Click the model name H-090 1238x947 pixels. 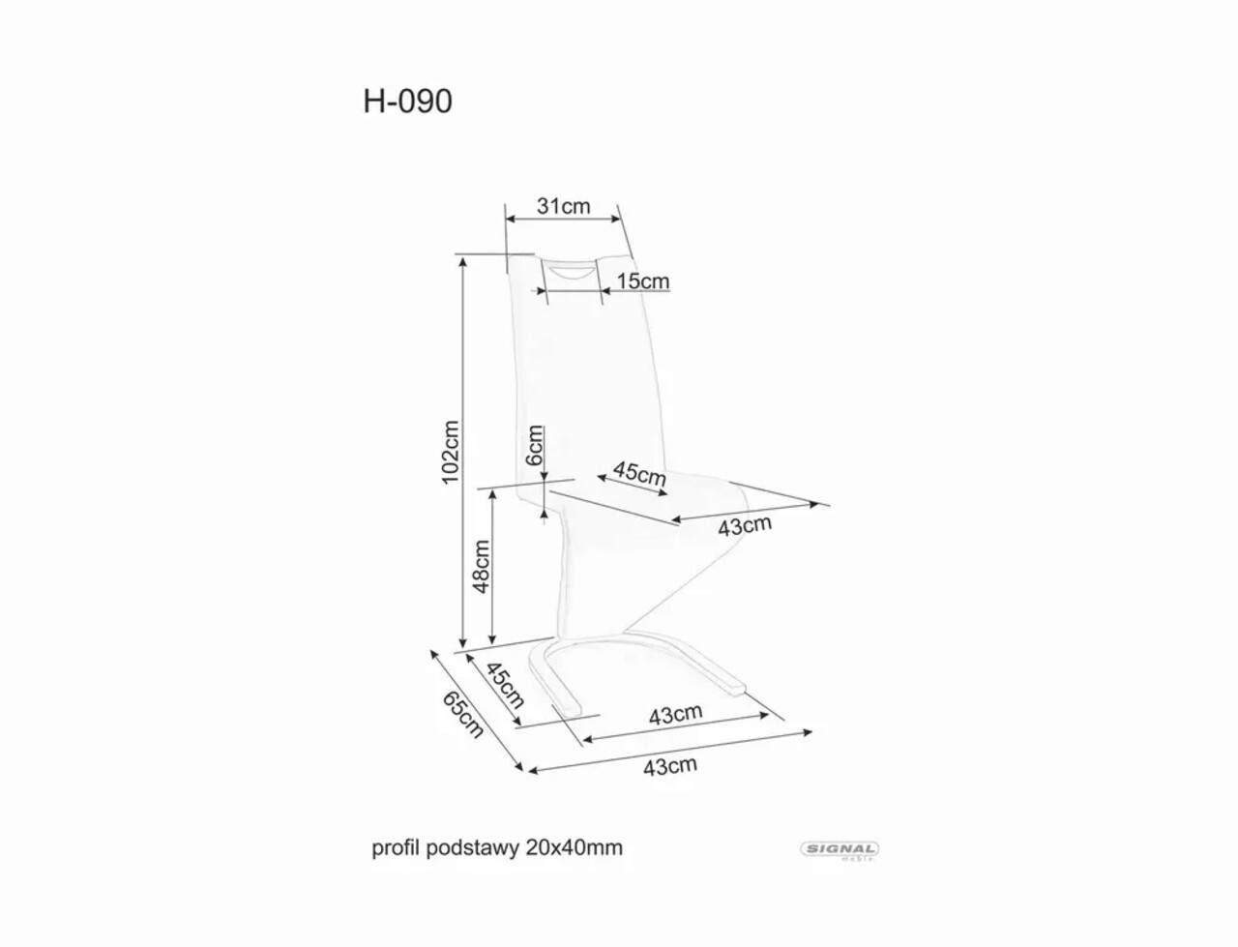pos(407,102)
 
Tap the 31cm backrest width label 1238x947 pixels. pos(563,206)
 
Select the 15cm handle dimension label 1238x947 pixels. pos(643,281)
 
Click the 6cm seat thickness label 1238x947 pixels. pos(535,445)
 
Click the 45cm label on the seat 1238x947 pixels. pos(639,475)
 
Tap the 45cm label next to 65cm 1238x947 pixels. pos(504,685)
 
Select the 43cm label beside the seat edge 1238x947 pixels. pos(745,526)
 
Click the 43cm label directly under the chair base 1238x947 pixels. pos(675,715)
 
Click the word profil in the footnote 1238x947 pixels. pos(394,848)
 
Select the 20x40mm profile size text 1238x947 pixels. pos(575,848)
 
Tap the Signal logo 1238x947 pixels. pos(839,849)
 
